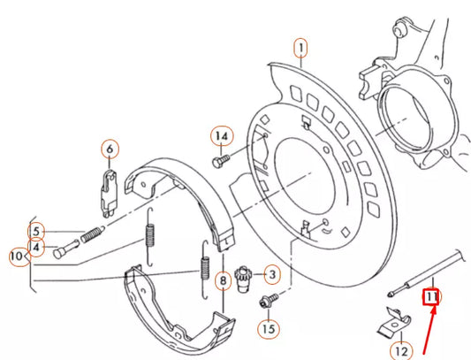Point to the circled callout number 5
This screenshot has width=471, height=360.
tap(36, 233)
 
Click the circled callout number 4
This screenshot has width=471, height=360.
tap(36, 248)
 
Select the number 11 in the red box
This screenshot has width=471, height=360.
tap(431, 298)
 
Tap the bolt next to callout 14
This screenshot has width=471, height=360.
tap(221, 161)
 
